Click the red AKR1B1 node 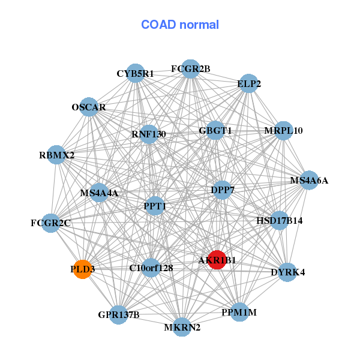click(x=217, y=260)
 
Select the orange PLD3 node click(x=82, y=269)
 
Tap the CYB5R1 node click(x=136, y=73)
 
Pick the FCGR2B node click(x=190, y=68)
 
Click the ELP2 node click(x=249, y=84)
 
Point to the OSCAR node click(x=89, y=107)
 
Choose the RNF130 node click(x=149, y=134)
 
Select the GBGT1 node click(x=215, y=130)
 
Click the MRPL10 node click(x=283, y=130)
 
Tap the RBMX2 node click(x=56, y=155)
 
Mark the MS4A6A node click(x=309, y=180)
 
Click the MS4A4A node click(x=100, y=193)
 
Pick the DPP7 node click(x=223, y=190)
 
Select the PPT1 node click(x=155, y=206)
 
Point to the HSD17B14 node click(x=280, y=220)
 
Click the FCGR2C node click(x=51, y=223)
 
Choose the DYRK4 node click(x=288, y=272)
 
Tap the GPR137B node click(x=119, y=314)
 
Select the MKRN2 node click(x=182, y=327)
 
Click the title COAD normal click(x=180, y=25)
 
